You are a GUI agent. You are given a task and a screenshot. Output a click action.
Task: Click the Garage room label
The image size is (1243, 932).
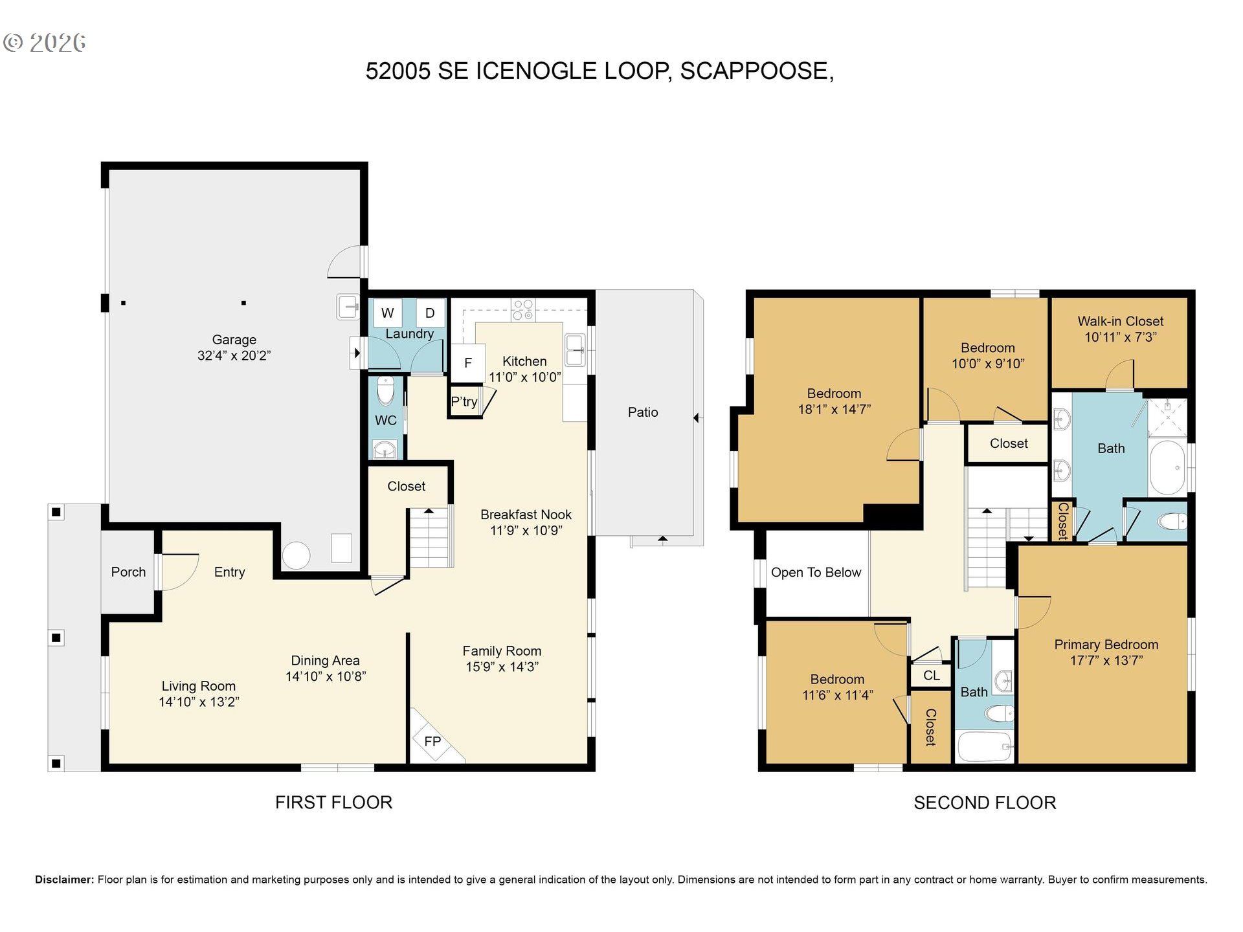coord(234,340)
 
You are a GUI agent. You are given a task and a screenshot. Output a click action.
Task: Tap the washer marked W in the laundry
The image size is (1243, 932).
coord(388,313)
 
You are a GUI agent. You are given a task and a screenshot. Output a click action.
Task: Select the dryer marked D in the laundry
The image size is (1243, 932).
coord(430,313)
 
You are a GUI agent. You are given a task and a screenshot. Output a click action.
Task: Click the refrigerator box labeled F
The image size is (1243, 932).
coord(468,363)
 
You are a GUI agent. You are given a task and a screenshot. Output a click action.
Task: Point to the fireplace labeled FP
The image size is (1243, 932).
coord(432,741)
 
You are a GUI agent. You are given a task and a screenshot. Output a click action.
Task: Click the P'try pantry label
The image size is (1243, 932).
coord(464,402)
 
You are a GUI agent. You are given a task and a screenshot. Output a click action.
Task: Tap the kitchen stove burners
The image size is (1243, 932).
coord(523,309)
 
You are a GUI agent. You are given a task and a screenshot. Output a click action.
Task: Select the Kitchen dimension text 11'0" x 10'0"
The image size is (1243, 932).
coord(525,377)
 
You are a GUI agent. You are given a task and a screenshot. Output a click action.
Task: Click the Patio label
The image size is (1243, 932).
coord(643,412)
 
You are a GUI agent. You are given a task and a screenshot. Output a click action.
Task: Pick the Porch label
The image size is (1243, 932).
coord(128,572)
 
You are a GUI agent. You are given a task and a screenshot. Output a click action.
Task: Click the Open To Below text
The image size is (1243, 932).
coord(816,572)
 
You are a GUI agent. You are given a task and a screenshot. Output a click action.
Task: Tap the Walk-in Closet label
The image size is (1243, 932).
coord(1121,321)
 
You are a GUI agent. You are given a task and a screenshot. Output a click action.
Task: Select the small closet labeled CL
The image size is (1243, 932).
coord(932,676)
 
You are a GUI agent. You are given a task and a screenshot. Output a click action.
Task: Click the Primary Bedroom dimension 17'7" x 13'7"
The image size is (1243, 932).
coord(1106,661)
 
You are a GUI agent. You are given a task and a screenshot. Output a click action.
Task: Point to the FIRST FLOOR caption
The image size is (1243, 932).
coord(333,803)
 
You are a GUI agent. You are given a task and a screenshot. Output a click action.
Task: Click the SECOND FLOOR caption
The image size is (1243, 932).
coord(985,803)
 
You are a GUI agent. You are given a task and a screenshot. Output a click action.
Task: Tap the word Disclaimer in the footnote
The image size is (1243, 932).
coord(64,880)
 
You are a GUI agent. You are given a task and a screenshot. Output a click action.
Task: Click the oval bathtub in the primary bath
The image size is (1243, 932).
coord(1168,468)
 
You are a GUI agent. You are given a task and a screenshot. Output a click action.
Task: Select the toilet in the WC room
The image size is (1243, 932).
coord(386,390)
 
